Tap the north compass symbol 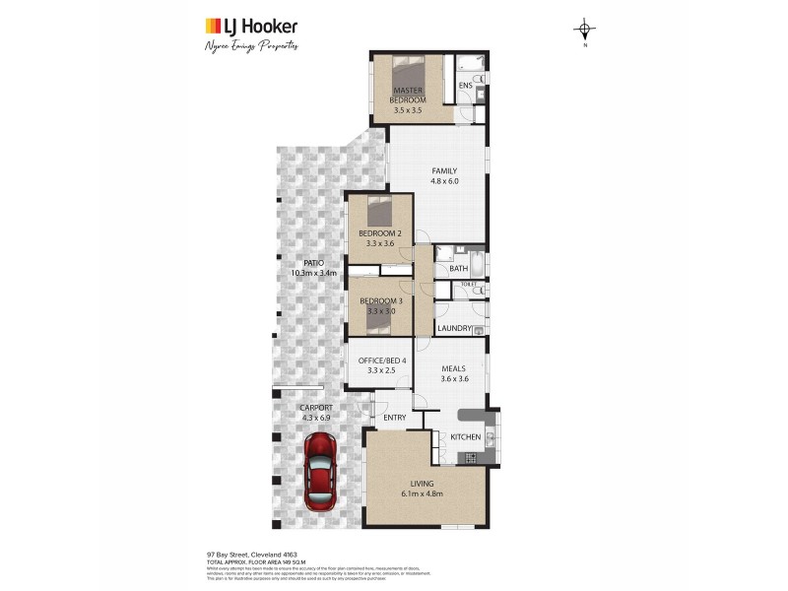(585, 31)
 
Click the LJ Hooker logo (250, 27)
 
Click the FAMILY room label (444, 170)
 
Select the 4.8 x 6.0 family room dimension (444, 181)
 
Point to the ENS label (466, 86)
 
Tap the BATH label (458, 268)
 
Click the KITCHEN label (465, 436)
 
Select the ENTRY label (395, 418)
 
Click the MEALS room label (453, 368)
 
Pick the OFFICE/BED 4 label (379, 361)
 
